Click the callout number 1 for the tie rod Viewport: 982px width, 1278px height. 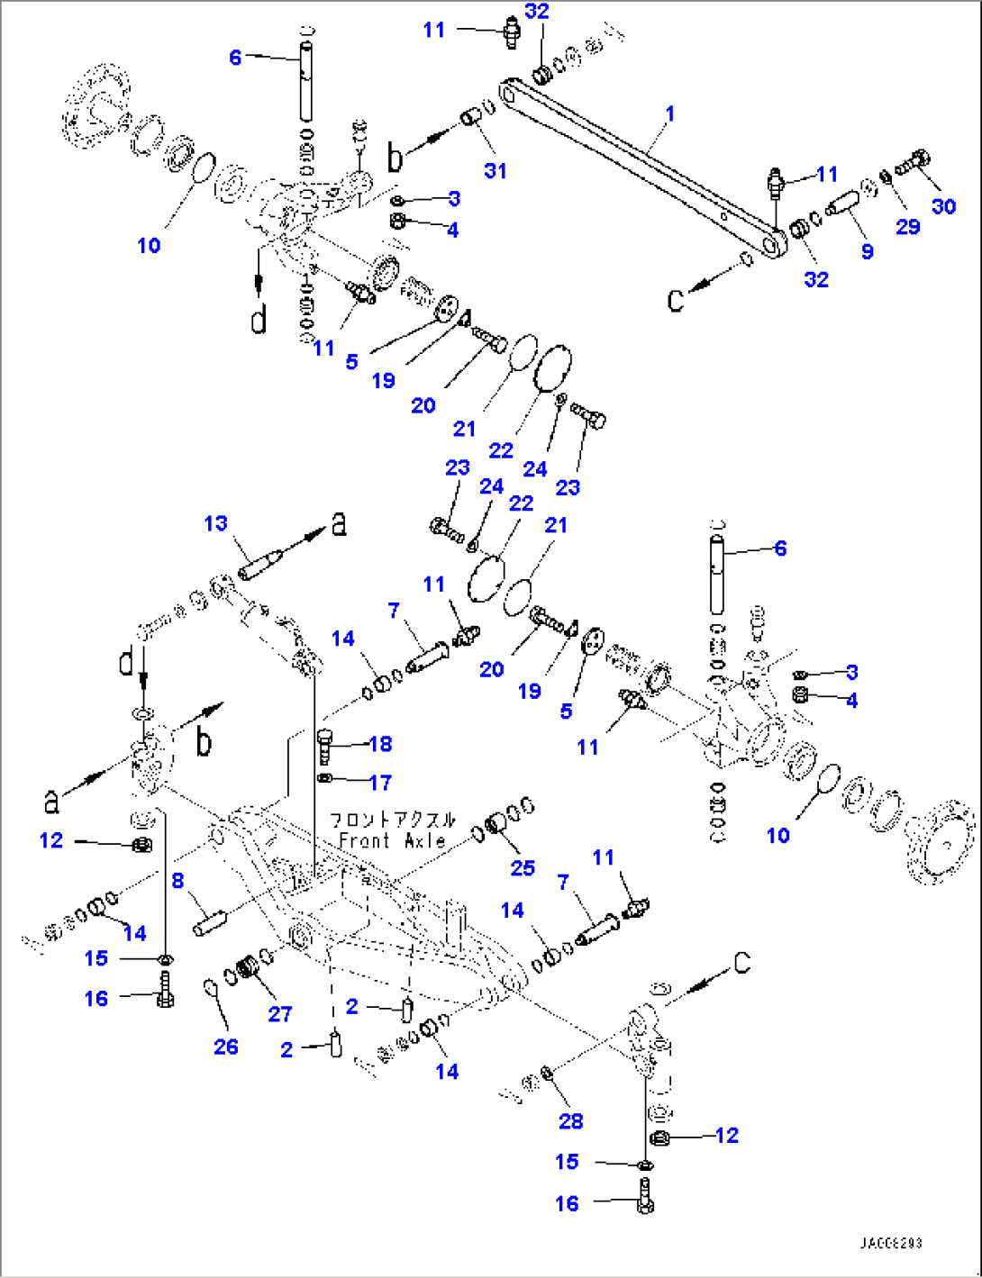click(x=669, y=114)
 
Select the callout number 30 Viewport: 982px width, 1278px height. click(x=943, y=206)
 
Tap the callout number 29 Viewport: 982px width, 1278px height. click(x=907, y=226)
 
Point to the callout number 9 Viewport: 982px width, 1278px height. click(x=867, y=251)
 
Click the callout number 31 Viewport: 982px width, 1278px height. click(x=496, y=170)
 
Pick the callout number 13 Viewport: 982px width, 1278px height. click(x=216, y=523)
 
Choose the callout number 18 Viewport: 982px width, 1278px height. click(x=380, y=744)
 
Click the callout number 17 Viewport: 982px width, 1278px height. click(x=380, y=783)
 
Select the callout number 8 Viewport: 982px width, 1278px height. click(x=178, y=880)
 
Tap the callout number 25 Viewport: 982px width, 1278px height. click(x=523, y=867)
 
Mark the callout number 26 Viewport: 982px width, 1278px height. click(x=226, y=1046)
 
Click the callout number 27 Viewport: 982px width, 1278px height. click(x=280, y=1013)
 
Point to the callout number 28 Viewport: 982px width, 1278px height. click(x=570, y=1120)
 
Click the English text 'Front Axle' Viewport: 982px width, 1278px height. click(x=392, y=841)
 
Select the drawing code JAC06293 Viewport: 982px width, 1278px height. click(x=890, y=1244)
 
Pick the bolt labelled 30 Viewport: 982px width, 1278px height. click(x=913, y=163)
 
